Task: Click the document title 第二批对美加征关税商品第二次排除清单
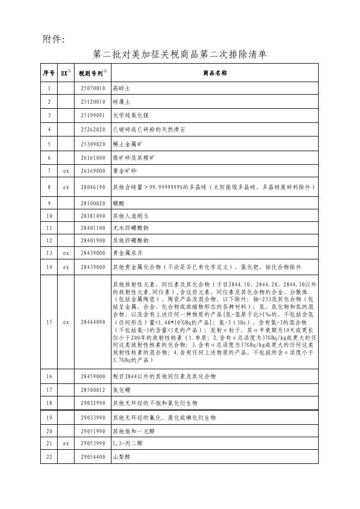pos(179,54)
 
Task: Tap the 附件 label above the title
pos(54,39)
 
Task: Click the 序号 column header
pos(49,73)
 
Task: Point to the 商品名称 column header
pos(215,73)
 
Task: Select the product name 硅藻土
pos(121,102)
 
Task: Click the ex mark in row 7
pos(66,171)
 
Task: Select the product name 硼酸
pos(118,203)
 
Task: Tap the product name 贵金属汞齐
pos(125,253)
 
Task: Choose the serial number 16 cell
pos(49,376)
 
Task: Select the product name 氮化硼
pos(121,389)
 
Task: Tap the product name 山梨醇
pos(121,458)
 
